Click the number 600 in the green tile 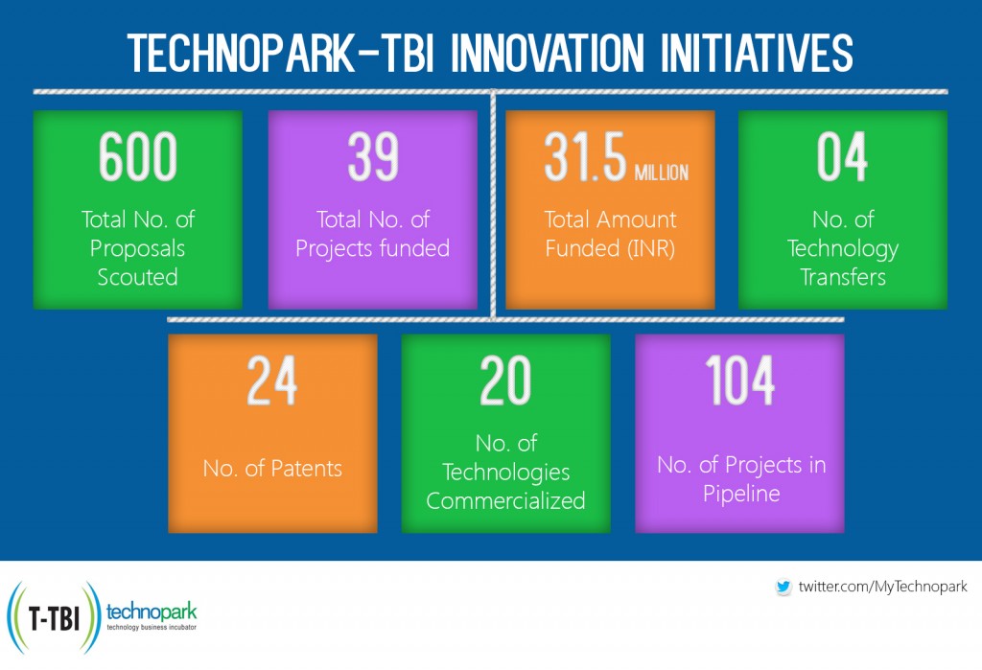[137, 158]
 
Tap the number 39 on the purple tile [372, 158]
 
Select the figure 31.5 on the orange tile [584, 158]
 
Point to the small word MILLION [661, 173]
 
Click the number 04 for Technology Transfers [842, 158]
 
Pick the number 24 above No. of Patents [272, 381]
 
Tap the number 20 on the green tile [505, 381]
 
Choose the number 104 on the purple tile [739, 381]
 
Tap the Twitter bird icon [783, 587]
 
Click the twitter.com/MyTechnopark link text [882, 587]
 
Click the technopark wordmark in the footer [152, 611]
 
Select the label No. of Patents [272, 469]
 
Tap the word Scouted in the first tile [137, 277]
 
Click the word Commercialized [505, 500]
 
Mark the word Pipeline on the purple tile [740, 495]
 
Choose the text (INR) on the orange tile [650, 248]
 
